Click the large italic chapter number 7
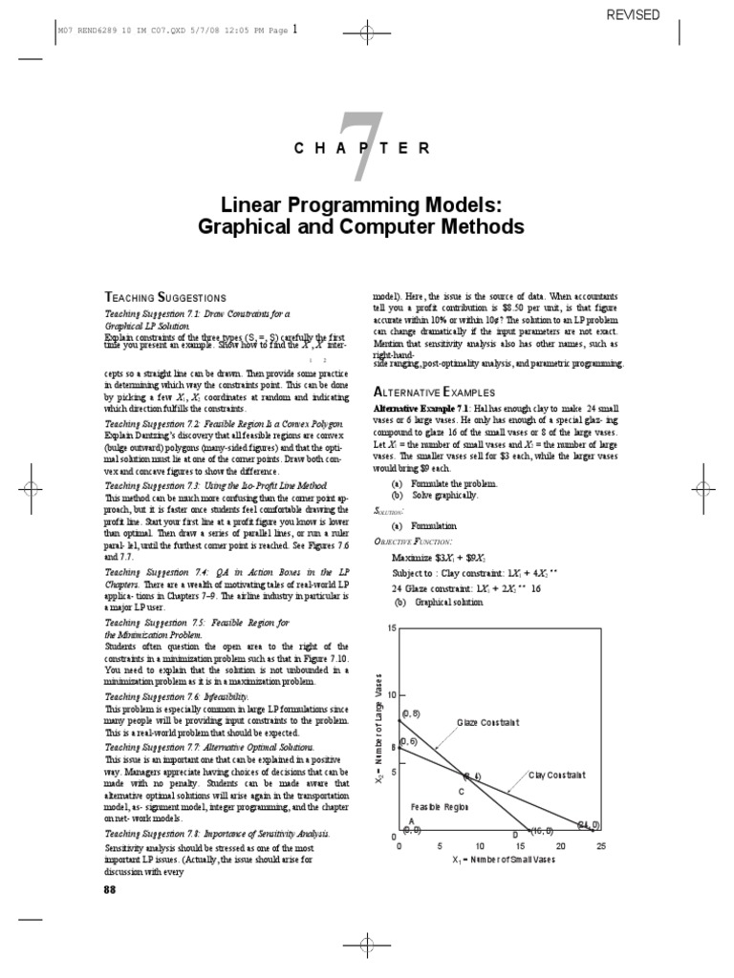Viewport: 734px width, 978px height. tap(367, 145)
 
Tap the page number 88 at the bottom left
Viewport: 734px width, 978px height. tap(109, 889)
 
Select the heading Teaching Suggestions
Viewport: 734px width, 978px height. tap(164, 297)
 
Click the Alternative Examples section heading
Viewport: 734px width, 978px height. tap(433, 392)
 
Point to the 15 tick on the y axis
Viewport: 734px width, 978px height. tap(391, 628)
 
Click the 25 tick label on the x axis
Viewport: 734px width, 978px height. tap(601, 845)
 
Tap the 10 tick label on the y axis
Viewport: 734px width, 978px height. tap(391, 695)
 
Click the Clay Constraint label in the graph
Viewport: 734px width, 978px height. tap(557, 775)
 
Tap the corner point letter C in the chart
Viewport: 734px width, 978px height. tap(461, 792)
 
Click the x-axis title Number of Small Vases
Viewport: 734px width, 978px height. tap(504, 860)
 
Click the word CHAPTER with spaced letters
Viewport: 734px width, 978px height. tap(366, 147)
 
